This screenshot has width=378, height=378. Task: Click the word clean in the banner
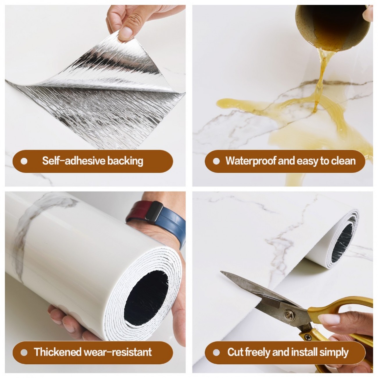[343, 161]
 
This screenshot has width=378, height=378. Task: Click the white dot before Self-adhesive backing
[24, 161]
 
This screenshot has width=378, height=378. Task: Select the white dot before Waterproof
[216, 161]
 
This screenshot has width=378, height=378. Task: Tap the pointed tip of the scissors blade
[221, 272]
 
